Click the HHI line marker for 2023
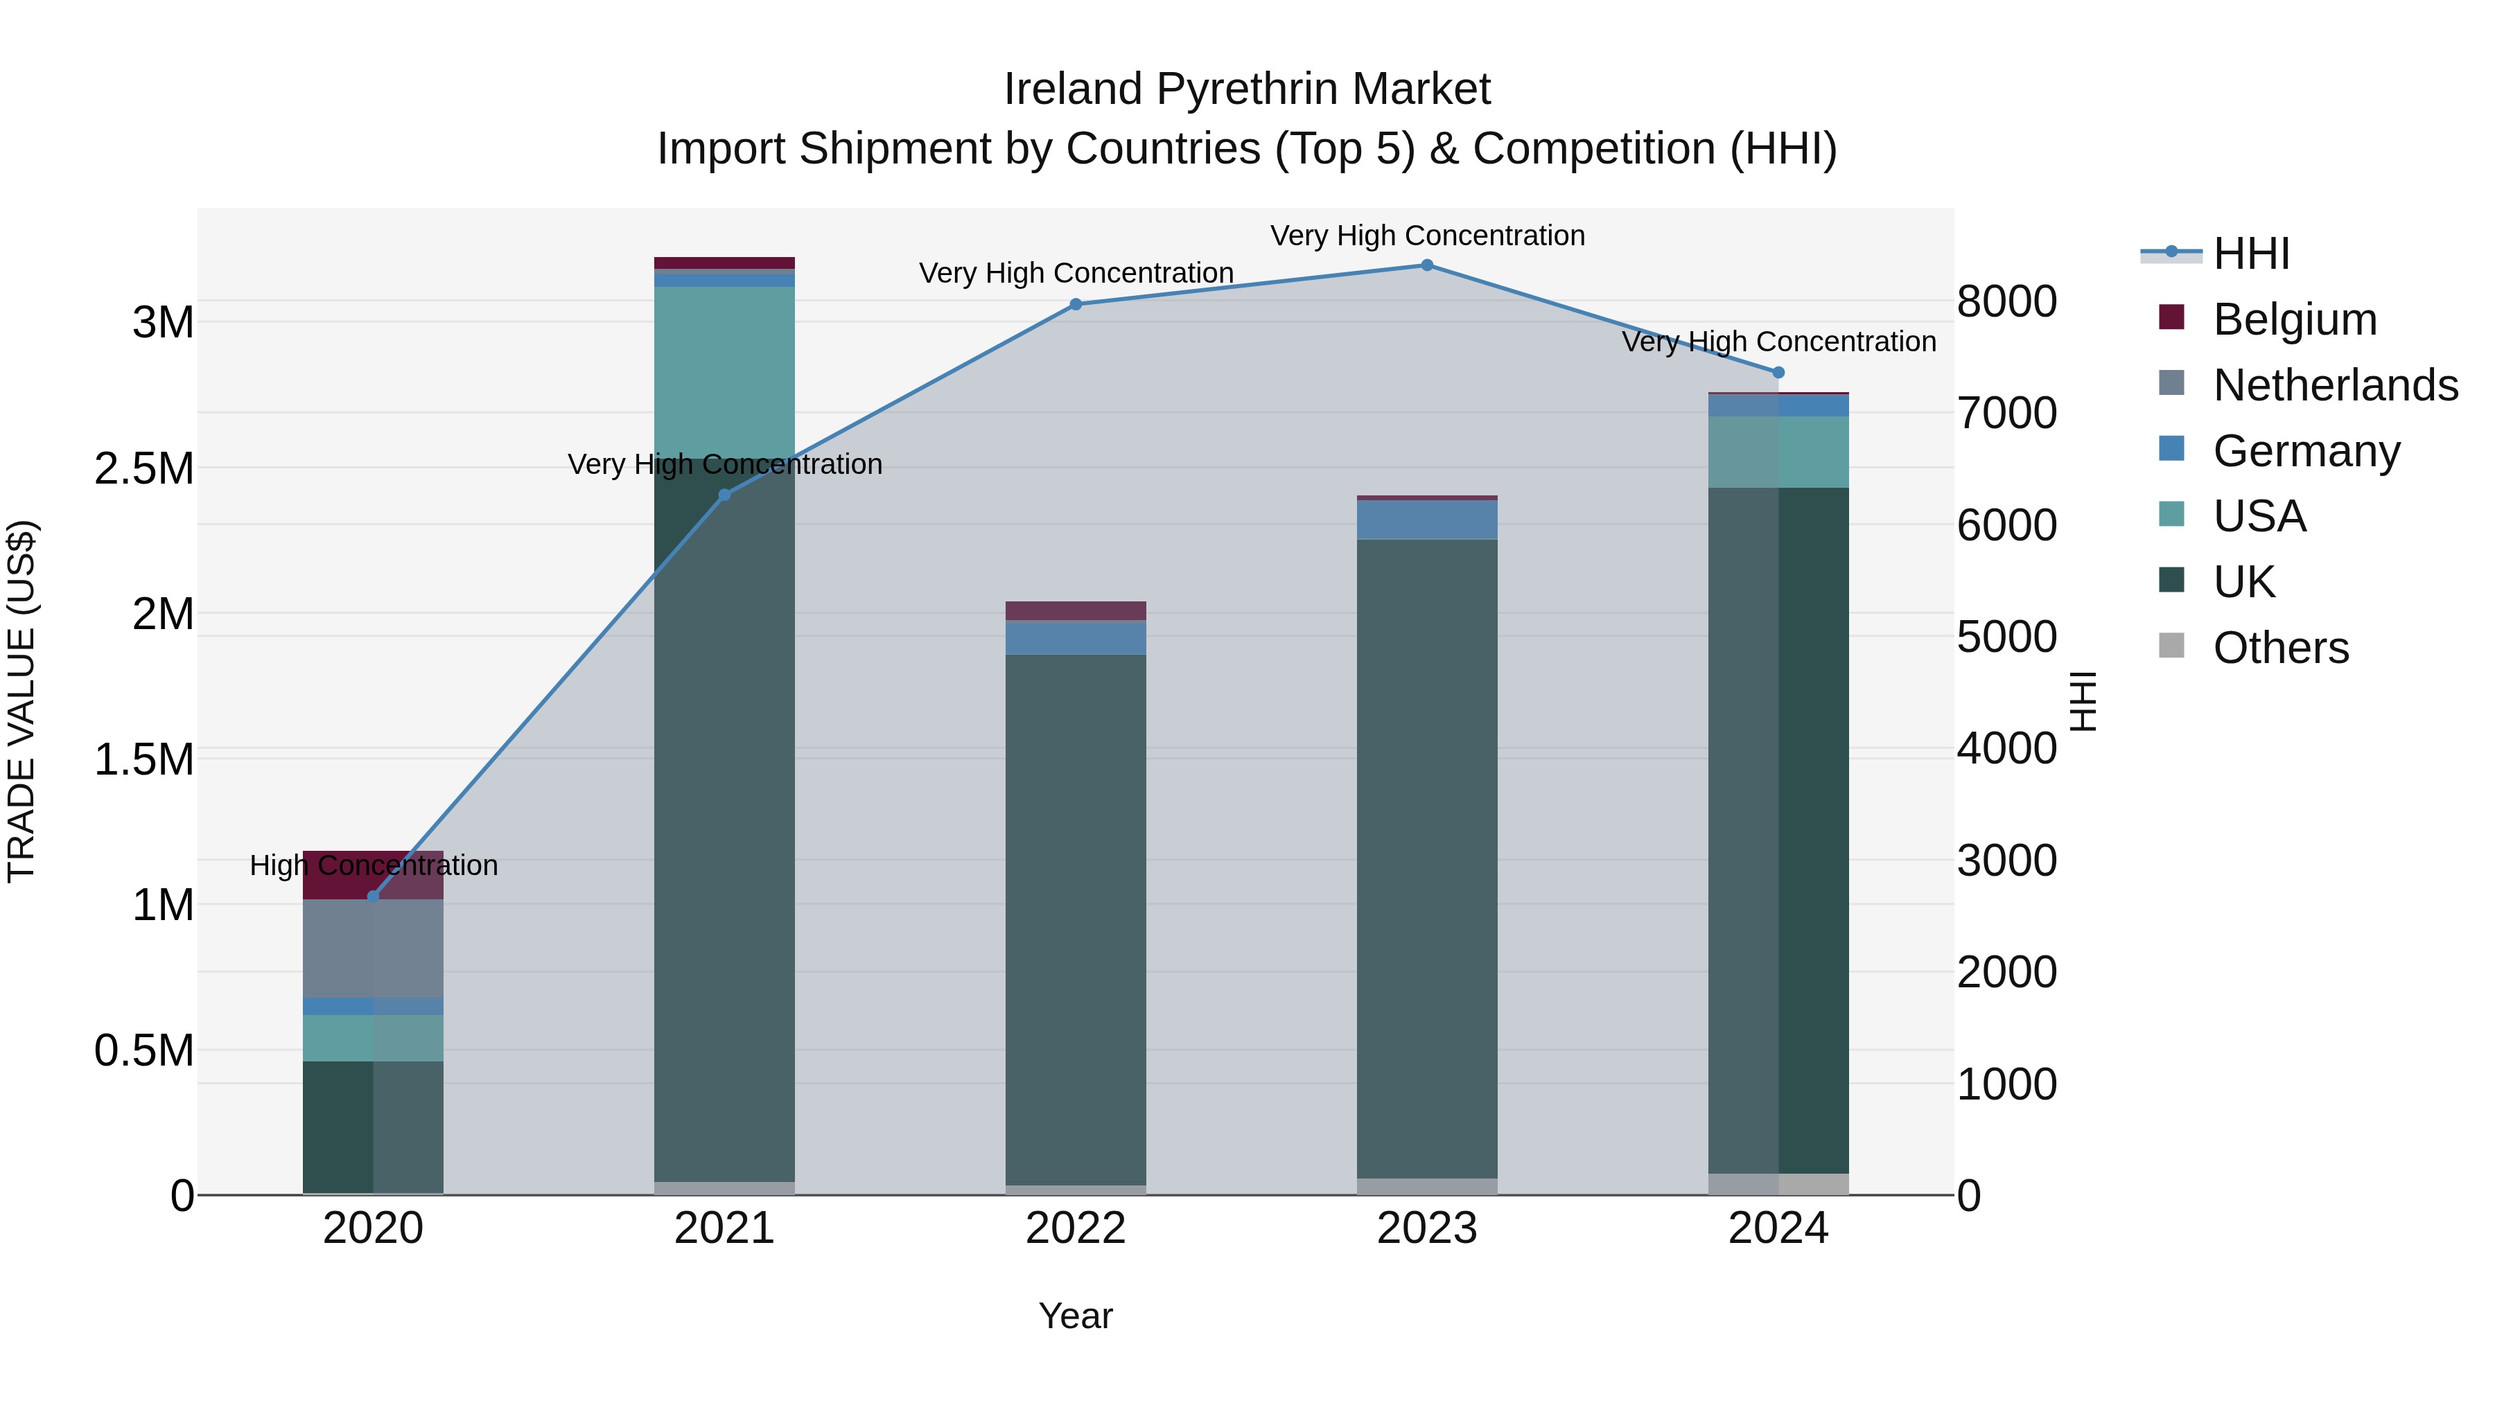click(x=1427, y=265)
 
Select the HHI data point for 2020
click(x=373, y=897)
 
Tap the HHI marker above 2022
click(x=1075, y=304)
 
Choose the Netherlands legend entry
click(x=2334, y=385)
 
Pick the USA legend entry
click(x=2259, y=516)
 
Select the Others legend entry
click(x=2280, y=648)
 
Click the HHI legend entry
click(x=2251, y=254)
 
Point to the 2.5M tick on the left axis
click(x=144, y=468)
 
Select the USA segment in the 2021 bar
click(x=724, y=372)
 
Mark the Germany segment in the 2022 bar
click(x=1075, y=637)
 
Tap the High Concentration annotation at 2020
click(x=373, y=865)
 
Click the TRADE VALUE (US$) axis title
click(x=21, y=701)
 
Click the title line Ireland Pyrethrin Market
click(x=1247, y=89)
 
